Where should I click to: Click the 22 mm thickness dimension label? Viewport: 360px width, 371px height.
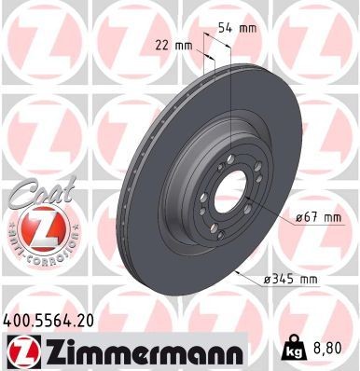point(174,45)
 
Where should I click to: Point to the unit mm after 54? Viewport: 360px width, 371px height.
point(248,28)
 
